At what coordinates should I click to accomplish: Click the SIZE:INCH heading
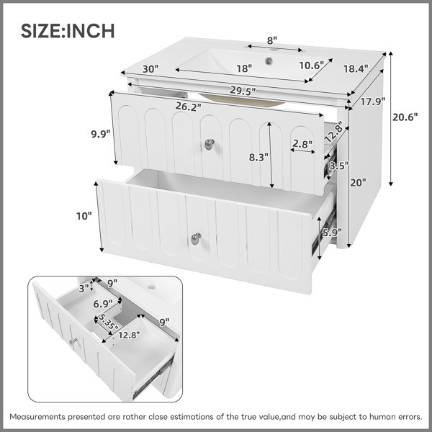68,30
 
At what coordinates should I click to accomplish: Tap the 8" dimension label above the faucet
271,41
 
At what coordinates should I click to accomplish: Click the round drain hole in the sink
269,61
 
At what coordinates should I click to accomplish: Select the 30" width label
150,69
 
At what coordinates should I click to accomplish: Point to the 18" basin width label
244,68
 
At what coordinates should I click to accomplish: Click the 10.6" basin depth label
311,66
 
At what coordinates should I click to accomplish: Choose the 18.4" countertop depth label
356,68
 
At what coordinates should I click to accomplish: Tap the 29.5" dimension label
243,91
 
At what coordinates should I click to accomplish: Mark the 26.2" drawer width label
189,107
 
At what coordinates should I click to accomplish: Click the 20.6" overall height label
405,117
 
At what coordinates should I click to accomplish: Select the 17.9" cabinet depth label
372,102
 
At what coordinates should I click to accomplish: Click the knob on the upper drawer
210,144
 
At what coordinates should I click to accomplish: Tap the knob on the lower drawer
196,238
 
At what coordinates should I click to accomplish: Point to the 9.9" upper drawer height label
101,134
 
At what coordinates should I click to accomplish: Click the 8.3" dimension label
258,157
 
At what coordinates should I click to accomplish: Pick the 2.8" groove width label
302,143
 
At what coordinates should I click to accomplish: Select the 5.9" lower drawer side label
332,233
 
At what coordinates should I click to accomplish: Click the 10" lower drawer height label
84,216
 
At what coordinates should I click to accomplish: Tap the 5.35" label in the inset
108,322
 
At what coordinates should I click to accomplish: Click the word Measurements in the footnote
37,417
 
